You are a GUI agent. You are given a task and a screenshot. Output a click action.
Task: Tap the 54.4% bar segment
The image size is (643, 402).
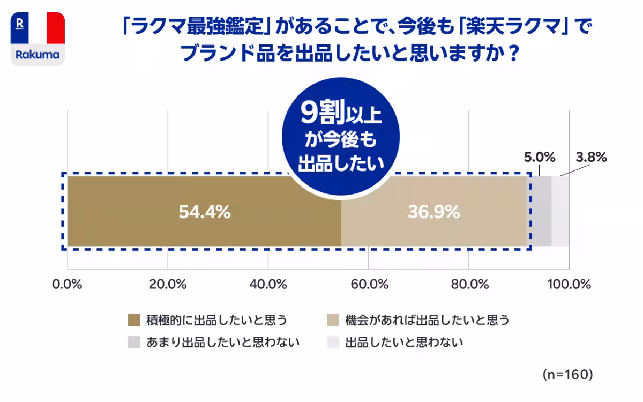(204, 212)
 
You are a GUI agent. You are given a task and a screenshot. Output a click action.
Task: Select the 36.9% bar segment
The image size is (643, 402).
(433, 212)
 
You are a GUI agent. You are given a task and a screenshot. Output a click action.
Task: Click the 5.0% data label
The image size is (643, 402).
(539, 157)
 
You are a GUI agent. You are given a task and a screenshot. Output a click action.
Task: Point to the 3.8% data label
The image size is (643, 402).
(591, 157)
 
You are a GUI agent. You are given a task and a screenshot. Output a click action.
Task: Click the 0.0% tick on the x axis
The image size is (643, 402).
(67, 285)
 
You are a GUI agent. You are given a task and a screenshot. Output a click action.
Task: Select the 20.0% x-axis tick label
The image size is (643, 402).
(168, 285)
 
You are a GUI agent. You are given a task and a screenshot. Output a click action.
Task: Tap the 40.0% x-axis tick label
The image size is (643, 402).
(268, 285)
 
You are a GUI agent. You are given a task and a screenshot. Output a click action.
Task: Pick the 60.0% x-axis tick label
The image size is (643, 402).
(369, 285)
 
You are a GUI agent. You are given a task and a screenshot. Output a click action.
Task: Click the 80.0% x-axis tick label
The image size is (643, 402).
(469, 285)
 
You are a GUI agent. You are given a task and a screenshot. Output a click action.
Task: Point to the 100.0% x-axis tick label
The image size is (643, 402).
(569, 285)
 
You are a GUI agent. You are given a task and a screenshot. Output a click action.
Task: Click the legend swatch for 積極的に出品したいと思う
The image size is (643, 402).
(134, 321)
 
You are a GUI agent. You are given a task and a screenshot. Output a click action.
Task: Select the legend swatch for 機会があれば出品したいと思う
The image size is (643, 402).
(333, 321)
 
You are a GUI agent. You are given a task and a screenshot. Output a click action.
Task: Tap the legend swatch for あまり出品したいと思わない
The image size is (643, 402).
(134, 342)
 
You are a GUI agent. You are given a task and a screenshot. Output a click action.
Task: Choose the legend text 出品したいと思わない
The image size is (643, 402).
(404, 342)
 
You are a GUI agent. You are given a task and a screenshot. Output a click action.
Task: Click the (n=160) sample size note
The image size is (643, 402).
(567, 374)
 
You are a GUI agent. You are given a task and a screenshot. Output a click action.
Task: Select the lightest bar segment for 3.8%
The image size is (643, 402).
(560, 212)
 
